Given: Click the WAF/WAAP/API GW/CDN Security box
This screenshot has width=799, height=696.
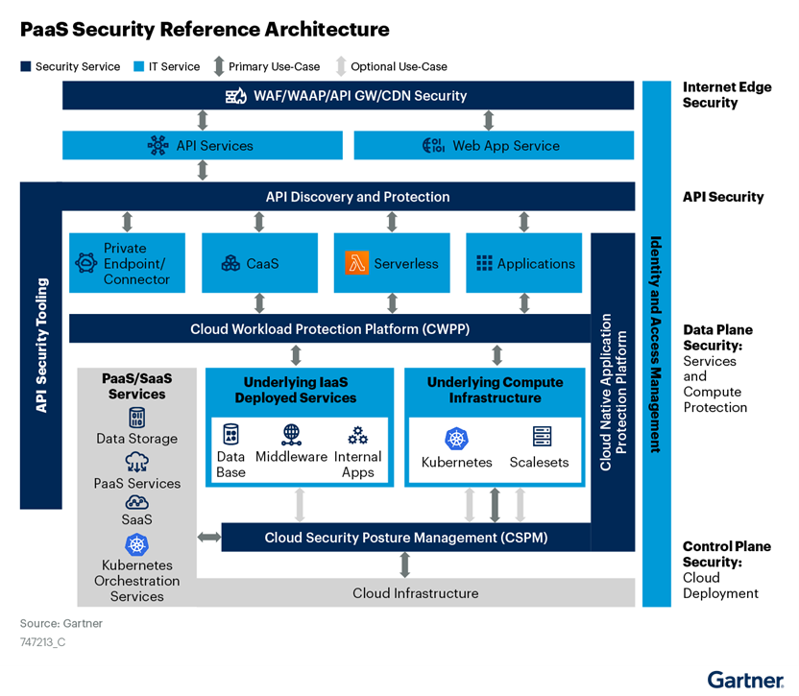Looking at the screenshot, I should (348, 96).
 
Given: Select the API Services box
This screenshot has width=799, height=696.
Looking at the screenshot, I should (202, 146).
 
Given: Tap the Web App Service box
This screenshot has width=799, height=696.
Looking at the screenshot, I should (494, 146).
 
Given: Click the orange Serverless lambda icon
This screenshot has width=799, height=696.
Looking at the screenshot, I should (357, 263).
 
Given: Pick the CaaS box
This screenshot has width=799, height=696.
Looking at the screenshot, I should (258, 263).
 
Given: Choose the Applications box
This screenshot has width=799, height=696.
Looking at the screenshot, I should (524, 263).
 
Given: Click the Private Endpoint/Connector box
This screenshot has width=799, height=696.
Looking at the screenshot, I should (126, 263).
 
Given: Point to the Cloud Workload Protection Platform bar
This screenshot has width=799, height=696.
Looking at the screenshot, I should (329, 329).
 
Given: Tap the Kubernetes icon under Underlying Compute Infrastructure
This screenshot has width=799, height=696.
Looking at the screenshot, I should (456, 438).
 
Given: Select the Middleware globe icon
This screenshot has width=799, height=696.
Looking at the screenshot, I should (292, 434).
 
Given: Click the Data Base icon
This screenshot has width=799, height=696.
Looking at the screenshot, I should (230, 434).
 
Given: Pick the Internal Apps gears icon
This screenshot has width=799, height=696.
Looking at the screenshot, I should (358, 435).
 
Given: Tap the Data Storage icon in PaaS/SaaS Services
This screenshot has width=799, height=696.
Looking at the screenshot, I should (137, 418).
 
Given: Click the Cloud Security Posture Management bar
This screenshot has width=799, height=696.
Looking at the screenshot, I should (405, 538).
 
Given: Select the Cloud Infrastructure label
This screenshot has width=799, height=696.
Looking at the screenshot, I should (415, 593).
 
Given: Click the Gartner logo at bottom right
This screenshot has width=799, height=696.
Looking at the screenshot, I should (744, 680).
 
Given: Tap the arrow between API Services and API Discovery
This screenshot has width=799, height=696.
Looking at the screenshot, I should (202, 171).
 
